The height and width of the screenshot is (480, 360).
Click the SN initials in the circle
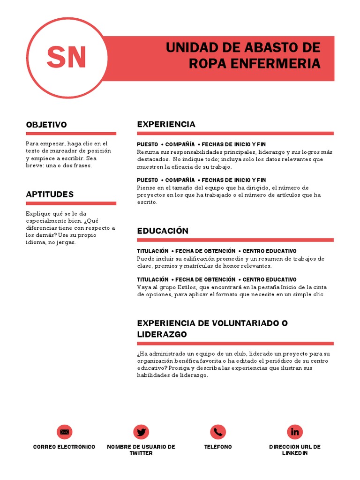66,57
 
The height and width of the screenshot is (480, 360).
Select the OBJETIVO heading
46,125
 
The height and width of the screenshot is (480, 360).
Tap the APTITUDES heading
50,194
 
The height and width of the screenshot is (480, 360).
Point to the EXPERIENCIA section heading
166,124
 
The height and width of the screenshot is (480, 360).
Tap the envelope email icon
64,432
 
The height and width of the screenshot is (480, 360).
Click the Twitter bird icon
141,432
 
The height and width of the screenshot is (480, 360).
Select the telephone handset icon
218,432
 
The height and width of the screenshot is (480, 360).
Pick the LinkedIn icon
295,432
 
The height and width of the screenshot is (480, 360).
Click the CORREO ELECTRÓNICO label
64,447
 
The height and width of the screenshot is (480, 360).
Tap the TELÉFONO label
218,447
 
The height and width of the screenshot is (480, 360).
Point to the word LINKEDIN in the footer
295,453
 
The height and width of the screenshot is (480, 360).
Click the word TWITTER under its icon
141,453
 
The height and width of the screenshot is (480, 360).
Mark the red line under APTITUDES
71,203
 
